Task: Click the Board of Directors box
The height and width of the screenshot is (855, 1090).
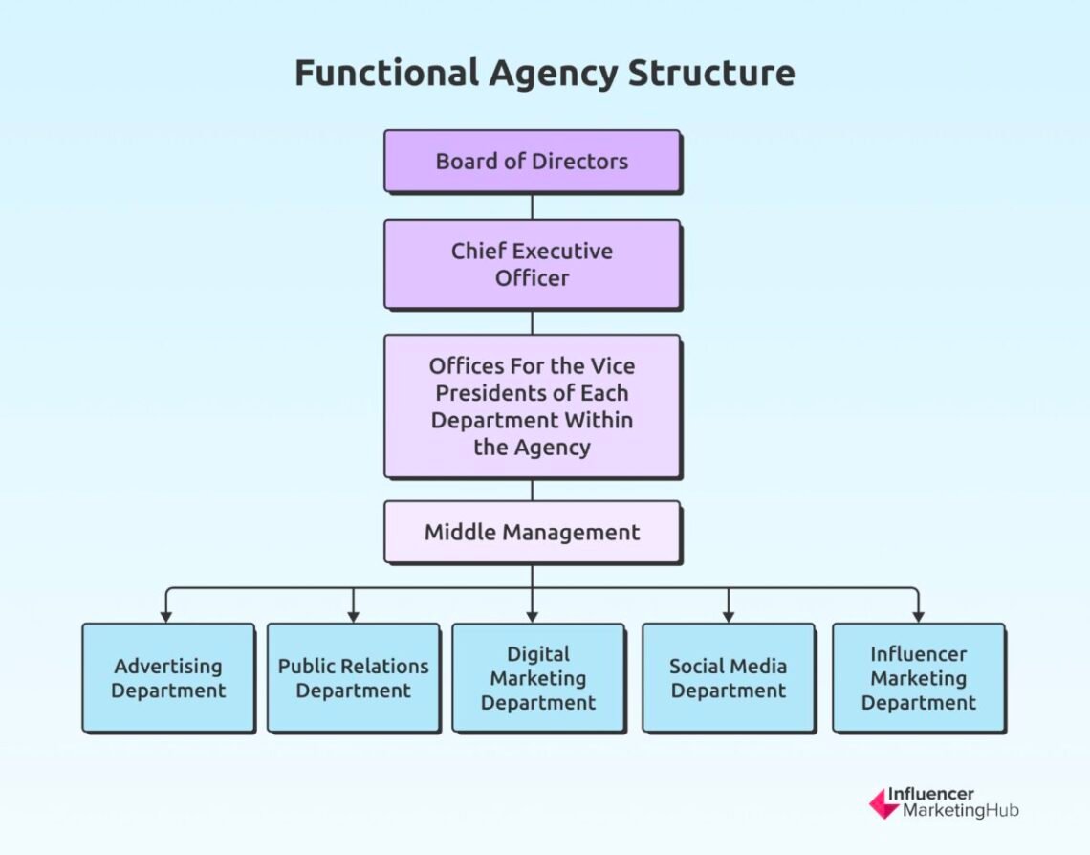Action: pyautogui.click(x=532, y=161)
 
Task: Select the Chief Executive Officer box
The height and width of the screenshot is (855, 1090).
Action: pyautogui.click(x=532, y=264)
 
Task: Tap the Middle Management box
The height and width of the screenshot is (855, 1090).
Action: pyautogui.click(x=532, y=532)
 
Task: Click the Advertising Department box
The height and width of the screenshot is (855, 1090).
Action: pyautogui.click(x=168, y=678)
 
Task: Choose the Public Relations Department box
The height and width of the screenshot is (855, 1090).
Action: pyautogui.click(x=353, y=678)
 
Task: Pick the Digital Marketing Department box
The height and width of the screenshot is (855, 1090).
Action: pyautogui.click(x=537, y=678)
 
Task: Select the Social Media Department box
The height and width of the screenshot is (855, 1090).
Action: pyautogui.click(x=728, y=678)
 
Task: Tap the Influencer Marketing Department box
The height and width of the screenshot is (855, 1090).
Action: pyautogui.click(x=918, y=678)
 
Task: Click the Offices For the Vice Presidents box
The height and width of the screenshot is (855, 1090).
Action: pyautogui.click(x=532, y=406)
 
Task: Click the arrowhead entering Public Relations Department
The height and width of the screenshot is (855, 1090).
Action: pyautogui.click(x=353, y=616)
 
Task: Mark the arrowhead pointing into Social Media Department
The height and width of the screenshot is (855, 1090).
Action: pyautogui.click(x=728, y=616)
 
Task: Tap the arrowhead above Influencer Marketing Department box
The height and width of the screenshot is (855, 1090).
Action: pyautogui.click(x=918, y=616)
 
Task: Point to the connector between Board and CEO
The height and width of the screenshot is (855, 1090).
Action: pyautogui.click(x=532, y=206)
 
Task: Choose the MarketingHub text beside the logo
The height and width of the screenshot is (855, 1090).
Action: pyautogui.click(x=953, y=811)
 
